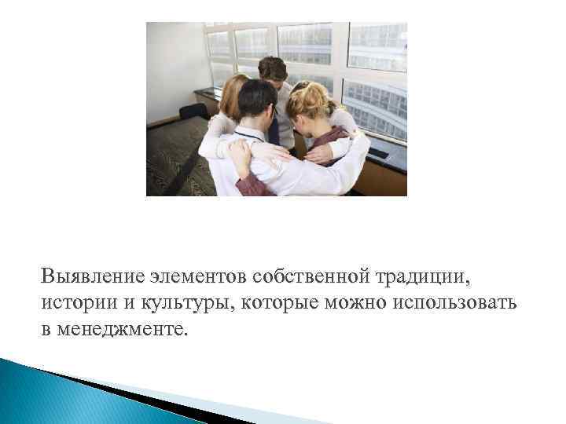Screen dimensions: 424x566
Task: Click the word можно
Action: [x=333, y=303]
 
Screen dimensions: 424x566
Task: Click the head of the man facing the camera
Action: [x=272, y=71]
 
